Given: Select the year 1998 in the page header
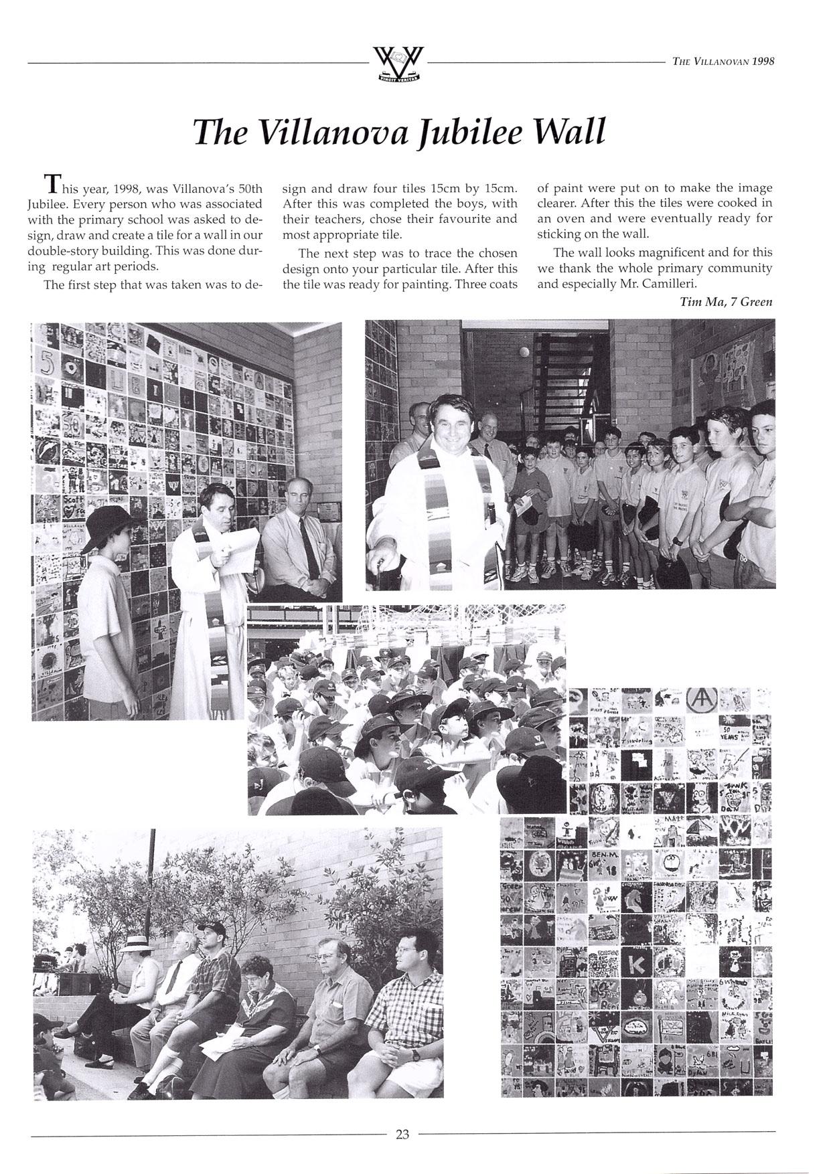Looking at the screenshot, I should click(763, 61).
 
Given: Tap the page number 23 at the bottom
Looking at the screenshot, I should click(402, 1134).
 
